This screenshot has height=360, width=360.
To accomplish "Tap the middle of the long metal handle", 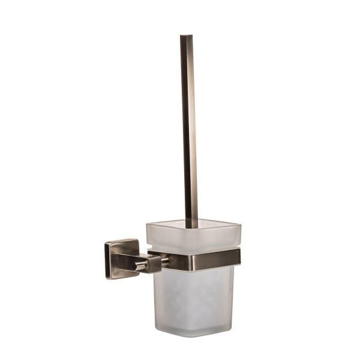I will pos(188,132).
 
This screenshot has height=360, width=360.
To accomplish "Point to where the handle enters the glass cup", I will pos(191,227).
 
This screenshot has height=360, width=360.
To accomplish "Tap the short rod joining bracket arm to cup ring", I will pos(164,262).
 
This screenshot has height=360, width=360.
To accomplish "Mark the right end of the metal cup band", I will pos(239,257).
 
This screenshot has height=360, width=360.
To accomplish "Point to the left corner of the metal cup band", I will pos(151,254).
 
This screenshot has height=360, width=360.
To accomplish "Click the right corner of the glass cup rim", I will pos(240,227).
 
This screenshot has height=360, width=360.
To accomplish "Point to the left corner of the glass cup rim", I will pos(148,226).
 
